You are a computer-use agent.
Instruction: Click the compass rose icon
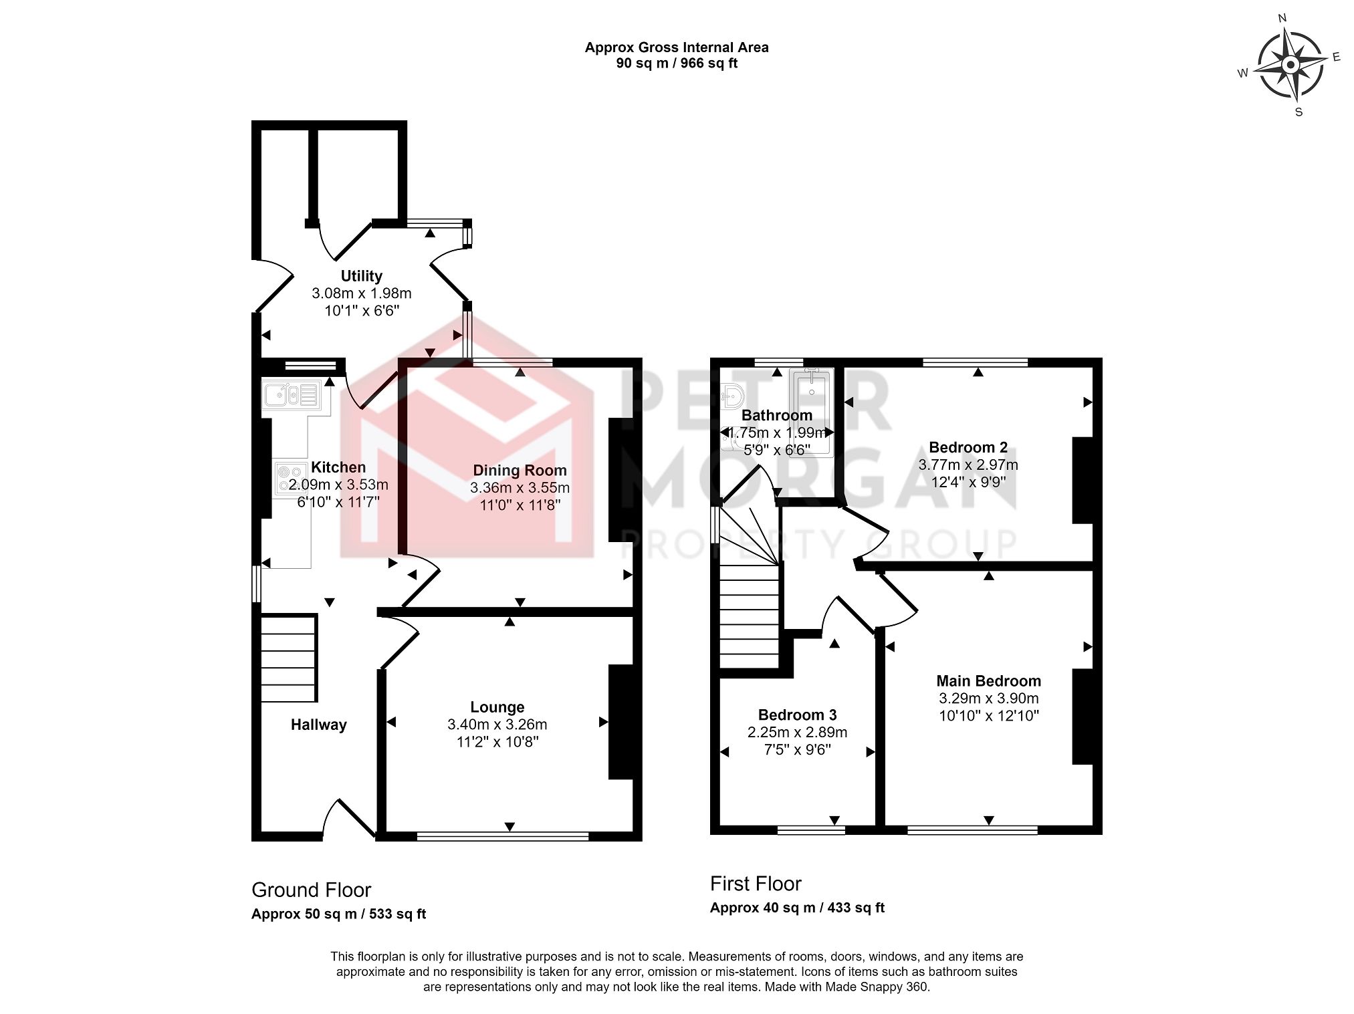pyautogui.click(x=1290, y=65)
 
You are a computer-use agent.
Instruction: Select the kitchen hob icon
pyautogui.click(x=290, y=479)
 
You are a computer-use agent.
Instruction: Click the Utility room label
pyautogui.click(x=361, y=276)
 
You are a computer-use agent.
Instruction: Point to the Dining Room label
pyautogui.click(x=520, y=471)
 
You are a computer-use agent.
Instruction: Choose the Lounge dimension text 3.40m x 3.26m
pyautogui.click(x=497, y=725)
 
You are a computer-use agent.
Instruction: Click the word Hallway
pyautogui.click(x=318, y=725)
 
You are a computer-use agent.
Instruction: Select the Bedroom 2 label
pyautogui.click(x=968, y=448)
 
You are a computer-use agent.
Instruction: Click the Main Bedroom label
pyautogui.click(x=988, y=681)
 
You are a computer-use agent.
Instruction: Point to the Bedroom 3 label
pyautogui.click(x=797, y=715)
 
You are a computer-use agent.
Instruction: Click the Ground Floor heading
pyautogui.click(x=311, y=890)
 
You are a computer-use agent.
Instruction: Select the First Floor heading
pyautogui.click(x=756, y=884)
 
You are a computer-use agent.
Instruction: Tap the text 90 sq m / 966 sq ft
pyautogui.click(x=676, y=64)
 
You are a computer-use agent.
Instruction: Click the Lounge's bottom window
pyautogui.click(x=502, y=836)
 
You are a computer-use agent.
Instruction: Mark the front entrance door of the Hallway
pyautogui.click(x=349, y=819)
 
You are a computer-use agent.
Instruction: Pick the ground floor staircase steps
pyautogui.click(x=288, y=659)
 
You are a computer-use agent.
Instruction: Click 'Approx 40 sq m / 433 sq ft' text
pyautogui.click(x=797, y=908)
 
